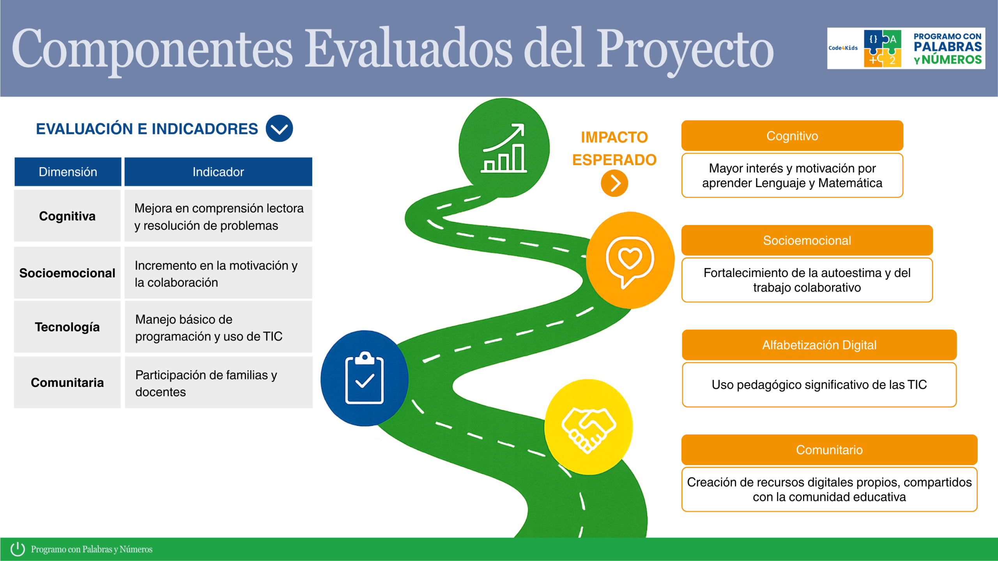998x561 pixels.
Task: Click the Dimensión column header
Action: click(68, 172)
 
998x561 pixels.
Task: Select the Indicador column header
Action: click(218, 172)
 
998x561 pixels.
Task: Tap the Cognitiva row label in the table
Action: click(67, 216)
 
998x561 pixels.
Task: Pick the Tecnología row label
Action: click(67, 327)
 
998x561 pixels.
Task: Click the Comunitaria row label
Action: click(67, 383)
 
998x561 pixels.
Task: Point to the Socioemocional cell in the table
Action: click(67, 273)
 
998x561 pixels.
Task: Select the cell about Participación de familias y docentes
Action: click(219, 383)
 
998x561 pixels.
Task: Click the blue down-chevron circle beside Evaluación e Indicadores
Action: click(279, 129)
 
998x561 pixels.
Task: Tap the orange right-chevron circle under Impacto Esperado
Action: click(614, 183)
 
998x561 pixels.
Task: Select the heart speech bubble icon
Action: click(630, 262)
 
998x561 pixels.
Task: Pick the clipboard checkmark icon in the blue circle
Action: click(365, 378)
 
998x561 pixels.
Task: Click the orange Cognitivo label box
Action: click(792, 136)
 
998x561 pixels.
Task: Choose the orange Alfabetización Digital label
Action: click(819, 345)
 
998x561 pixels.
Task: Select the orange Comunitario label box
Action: click(829, 450)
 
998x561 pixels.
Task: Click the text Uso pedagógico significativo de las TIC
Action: click(819, 385)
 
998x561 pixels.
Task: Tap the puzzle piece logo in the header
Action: click(883, 48)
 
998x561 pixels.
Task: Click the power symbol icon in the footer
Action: click(18, 549)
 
